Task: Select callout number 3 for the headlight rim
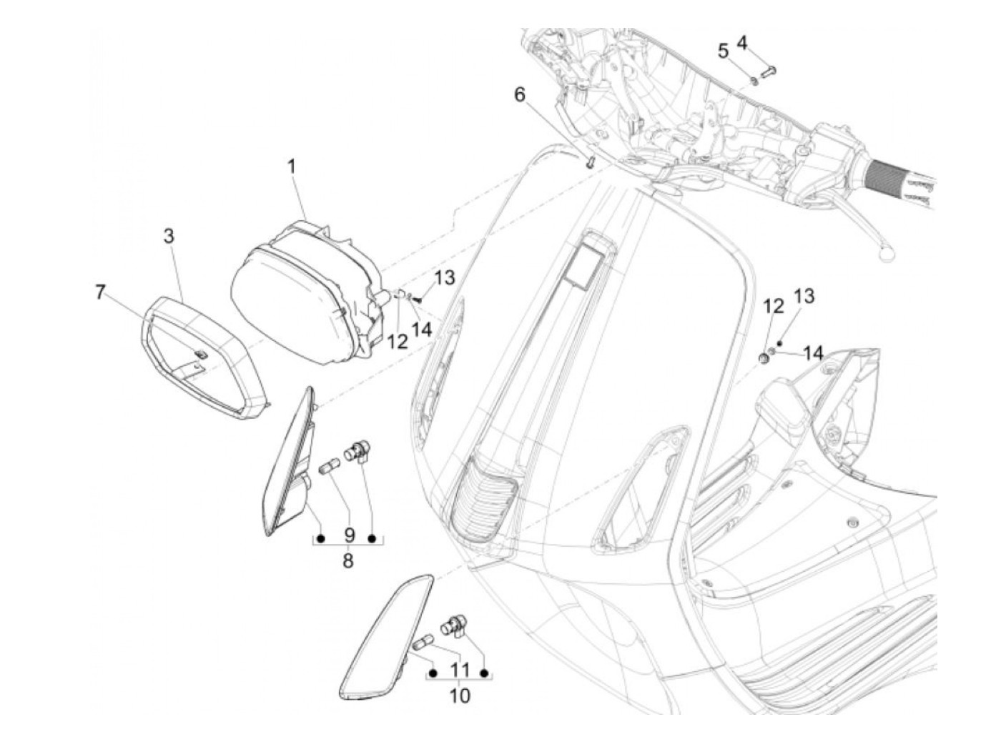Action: [169, 236]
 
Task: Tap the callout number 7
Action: [100, 292]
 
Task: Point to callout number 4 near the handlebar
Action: [742, 42]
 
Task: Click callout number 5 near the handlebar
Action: [724, 51]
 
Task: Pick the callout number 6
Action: [520, 94]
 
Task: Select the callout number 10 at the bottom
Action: [460, 695]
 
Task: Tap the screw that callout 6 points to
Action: [591, 162]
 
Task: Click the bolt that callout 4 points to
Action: [769, 71]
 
